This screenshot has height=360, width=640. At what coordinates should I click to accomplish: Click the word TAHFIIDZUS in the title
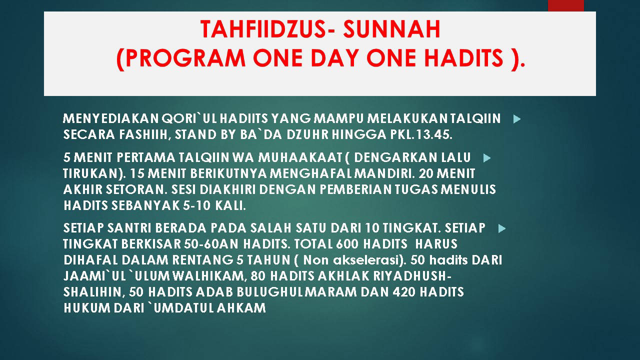[x=263, y=29]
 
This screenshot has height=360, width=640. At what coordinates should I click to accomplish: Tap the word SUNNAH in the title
[x=391, y=29]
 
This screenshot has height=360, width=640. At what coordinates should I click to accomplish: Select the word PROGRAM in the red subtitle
[x=185, y=58]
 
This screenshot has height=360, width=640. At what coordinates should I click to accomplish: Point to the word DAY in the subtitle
[x=335, y=58]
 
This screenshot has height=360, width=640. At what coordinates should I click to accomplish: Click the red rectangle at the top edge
[x=565, y=5]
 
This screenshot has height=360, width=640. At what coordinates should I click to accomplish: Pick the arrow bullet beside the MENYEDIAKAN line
[x=517, y=119]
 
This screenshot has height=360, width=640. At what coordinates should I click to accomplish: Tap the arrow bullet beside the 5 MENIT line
[x=487, y=158]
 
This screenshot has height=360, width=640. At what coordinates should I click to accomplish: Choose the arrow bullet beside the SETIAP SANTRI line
[x=502, y=228]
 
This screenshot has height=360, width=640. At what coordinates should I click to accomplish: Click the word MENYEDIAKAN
[x=110, y=118]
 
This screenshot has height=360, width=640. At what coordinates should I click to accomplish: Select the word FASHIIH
[x=145, y=135]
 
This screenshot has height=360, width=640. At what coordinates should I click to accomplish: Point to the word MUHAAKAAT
[x=300, y=157]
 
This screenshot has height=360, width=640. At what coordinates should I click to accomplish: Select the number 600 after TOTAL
[x=347, y=244]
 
